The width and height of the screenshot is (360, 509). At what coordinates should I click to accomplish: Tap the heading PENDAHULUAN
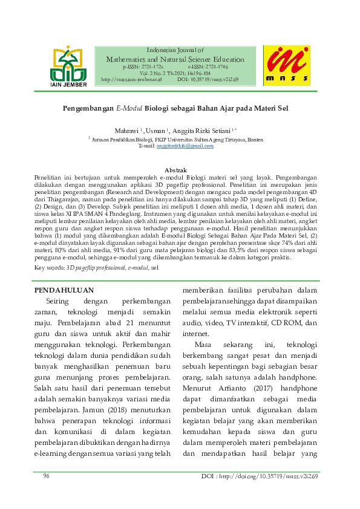(x=64, y=290)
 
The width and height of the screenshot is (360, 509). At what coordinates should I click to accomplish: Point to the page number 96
(x=46, y=476)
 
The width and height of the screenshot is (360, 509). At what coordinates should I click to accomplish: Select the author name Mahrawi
(x=126, y=131)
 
